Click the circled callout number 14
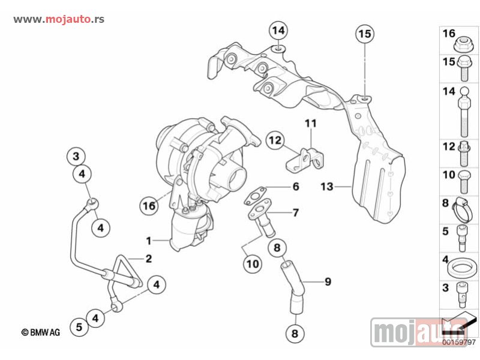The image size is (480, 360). (x=278, y=30)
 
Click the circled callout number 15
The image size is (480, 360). (x=365, y=34)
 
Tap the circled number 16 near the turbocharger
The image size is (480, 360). (x=149, y=205)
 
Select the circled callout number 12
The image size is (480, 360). (x=274, y=140)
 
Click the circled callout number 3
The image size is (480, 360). (x=75, y=157)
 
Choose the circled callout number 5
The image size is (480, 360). (x=79, y=327)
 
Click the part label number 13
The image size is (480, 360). (x=326, y=187)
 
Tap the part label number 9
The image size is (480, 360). (x=328, y=281)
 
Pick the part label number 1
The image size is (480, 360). (x=148, y=241)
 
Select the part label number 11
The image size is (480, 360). (x=310, y=124)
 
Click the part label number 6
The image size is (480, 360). (x=295, y=187)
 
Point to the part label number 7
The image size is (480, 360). (x=295, y=212)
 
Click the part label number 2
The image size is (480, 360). (x=148, y=259)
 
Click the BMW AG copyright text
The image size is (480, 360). (x=40, y=331)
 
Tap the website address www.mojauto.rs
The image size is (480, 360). (x=59, y=19)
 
